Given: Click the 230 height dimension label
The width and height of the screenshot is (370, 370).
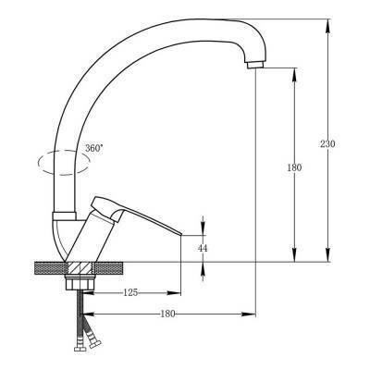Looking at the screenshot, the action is click(327, 143).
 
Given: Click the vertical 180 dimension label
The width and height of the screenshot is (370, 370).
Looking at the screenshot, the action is click(294, 167).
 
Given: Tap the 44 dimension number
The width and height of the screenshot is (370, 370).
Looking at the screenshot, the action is click(203, 248).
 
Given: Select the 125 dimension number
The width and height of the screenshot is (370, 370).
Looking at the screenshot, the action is click(130, 292).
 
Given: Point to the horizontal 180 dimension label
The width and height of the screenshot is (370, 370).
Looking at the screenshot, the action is click(167, 314).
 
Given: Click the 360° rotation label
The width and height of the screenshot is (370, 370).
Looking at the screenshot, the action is click(94, 148).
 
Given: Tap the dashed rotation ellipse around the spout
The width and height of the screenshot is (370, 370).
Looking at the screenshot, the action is click(64, 163).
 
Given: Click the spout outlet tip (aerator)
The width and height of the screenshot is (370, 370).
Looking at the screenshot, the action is click(255, 65).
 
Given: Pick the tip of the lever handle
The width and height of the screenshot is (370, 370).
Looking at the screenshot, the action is click(180, 235).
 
